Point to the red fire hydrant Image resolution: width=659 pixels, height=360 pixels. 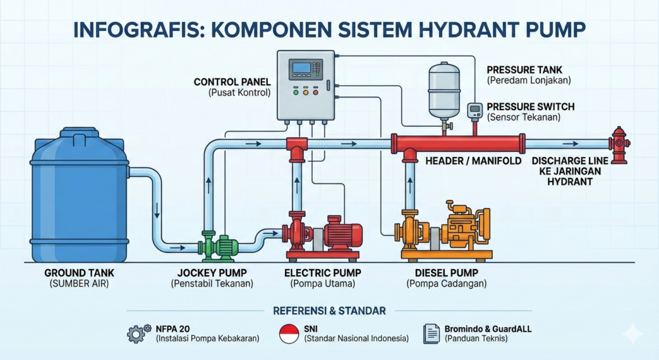619,145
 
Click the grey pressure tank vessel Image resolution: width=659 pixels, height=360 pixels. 444,90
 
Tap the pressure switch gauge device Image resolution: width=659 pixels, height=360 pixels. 475,111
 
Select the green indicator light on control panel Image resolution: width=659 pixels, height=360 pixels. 295,92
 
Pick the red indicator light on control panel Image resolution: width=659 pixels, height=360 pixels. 315,92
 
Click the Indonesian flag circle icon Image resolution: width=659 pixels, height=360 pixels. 289,334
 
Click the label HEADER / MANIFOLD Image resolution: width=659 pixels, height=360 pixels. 473,160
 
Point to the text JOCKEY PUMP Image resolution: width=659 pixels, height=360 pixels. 212,272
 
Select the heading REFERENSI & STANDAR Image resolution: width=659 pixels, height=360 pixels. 329,310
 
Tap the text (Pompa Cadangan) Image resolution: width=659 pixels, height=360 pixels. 447,283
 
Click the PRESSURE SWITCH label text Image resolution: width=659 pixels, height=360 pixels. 530,106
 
